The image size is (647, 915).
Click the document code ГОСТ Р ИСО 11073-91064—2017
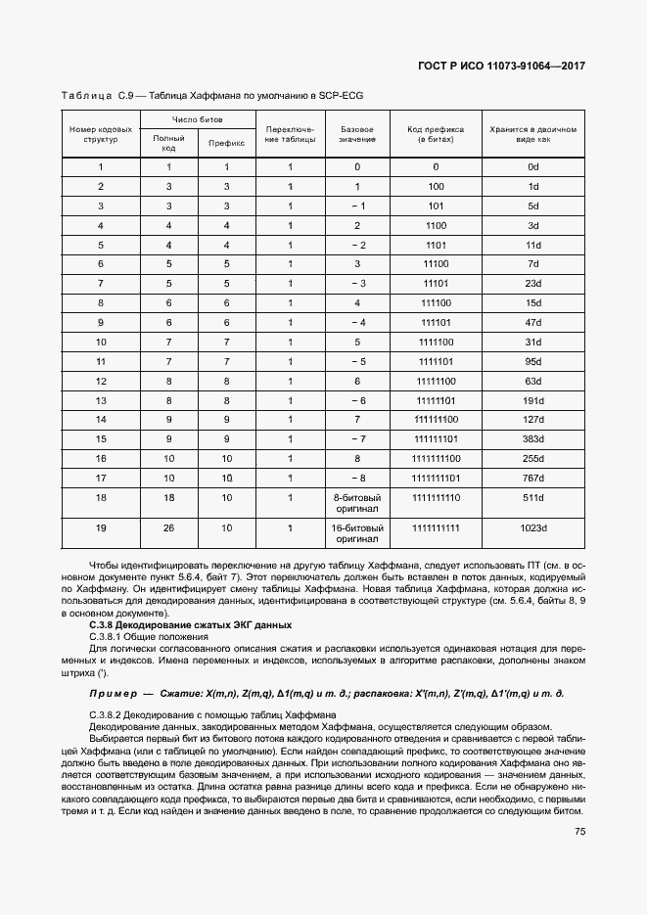[501, 67]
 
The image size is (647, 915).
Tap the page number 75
[579, 832]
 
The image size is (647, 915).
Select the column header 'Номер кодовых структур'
[101, 134]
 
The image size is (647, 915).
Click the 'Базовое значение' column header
[357, 134]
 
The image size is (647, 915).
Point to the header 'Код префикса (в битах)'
[436, 134]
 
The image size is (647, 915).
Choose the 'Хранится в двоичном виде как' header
[533, 134]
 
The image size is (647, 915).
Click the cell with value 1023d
[533, 528]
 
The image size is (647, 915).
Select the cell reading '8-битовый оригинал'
[357, 503]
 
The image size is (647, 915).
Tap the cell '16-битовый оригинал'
[357, 533]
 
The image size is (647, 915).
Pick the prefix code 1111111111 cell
[436, 528]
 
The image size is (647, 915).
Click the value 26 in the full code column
[168, 528]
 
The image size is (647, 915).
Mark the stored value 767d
[533, 478]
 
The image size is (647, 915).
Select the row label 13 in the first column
[101, 400]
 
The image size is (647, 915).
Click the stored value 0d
[533, 167]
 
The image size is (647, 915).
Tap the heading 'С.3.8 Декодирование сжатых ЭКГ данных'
[190, 623]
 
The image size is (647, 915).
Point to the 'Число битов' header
[197, 119]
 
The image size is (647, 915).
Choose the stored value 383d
[533, 438]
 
